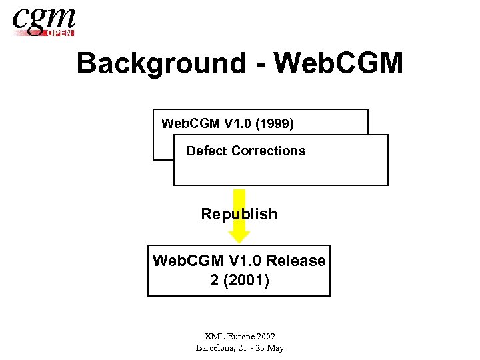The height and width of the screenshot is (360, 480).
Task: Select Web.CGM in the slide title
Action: click(x=339, y=63)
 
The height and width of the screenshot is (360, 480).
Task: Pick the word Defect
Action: click(x=207, y=151)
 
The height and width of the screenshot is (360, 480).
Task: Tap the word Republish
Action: click(x=239, y=214)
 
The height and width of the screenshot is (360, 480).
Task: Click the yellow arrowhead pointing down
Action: click(x=239, y=235)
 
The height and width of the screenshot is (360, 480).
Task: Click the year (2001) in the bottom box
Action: click(x=247, y=281)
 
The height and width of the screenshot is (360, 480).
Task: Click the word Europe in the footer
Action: click(x=241, y=337)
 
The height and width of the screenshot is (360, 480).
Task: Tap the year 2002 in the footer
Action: click(x=266, y=337)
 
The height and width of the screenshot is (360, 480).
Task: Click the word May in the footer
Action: click(x=275, y=348)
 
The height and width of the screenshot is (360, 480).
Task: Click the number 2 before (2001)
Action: click(x=214, y=281)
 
